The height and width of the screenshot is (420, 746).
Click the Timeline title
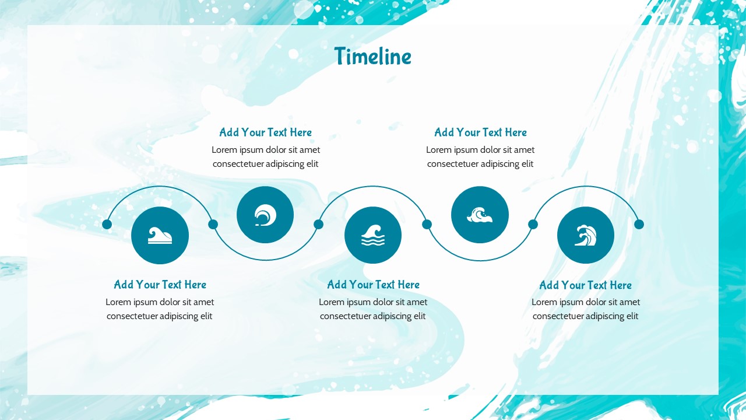pyautogui.click(x=372, y=56)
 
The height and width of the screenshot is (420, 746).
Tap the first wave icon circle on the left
pyautogui.click(x=160, y=235)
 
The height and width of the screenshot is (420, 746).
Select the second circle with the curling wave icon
pyautogui.click(x=265, y=215)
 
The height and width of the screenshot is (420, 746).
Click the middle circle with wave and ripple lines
pyautogui.click(x=373, y=235)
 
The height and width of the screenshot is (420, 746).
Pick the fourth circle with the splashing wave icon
pyautogui.click(x=480, y=215)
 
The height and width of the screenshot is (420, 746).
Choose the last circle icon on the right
pyautogui.click(x=586, y=235)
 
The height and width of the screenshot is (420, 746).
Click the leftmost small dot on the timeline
pyautogui.click(x=107, y=225)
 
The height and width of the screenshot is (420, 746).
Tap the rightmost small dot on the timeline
pyautogui.click(x=639, y=225)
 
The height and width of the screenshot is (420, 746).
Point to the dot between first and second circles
pyautogui.click(x=213, y=225)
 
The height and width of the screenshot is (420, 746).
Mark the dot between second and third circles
pyautogui.click(x=318, y=225)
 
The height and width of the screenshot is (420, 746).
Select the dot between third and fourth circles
pyautogui.click(x=427, y=225)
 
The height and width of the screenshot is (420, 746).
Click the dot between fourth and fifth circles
pyautogui.click(x=533, y=225)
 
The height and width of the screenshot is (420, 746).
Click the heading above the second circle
pyautogui.click(x=265, y=132)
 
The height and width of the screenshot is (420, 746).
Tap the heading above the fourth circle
pyautogui.click(x=480, y=132)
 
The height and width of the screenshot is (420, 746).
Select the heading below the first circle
pyautogui.click(x=160, y=285)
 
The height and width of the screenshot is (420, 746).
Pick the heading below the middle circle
pyautogui.click(x=373, y=285)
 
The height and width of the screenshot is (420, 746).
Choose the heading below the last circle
pyautogui.click(x=586, y=285)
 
